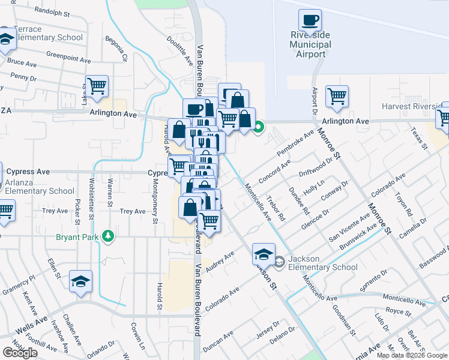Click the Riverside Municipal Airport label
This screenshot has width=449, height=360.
(310, 44)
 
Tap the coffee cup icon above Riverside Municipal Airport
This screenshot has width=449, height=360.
(310, 21)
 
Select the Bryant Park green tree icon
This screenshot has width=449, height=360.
(108, 236)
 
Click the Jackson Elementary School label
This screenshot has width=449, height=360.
(323, 263)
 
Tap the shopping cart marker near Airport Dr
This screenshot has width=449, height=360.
(337, 96)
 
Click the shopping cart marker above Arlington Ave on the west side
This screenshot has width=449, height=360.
(97, 86)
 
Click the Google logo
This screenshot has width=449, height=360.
(20, 352)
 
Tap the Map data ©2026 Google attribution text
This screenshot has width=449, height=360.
(412, 355)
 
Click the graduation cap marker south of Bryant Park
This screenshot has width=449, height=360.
(80, 282)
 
